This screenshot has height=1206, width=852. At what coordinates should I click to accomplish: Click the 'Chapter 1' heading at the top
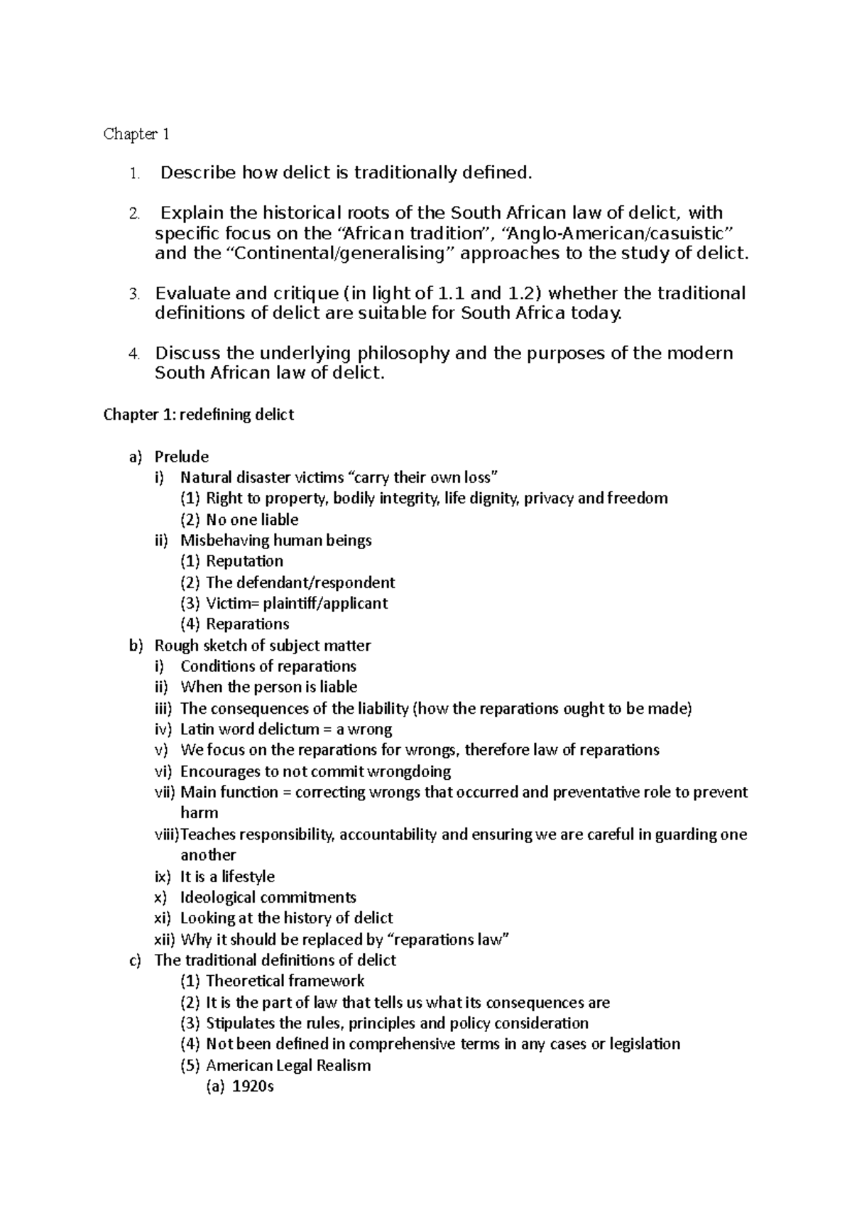tap(136, 134)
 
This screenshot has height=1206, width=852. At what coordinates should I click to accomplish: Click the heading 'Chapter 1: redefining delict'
tap(199, 415)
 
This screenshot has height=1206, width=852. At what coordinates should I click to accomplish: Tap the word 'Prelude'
tap(182, 457)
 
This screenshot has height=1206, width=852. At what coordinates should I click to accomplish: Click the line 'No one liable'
tap(252, 520)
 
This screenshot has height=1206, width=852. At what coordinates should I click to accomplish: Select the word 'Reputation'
tap(244, 561)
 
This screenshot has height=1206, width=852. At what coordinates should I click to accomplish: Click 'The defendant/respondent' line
tap(300, 582)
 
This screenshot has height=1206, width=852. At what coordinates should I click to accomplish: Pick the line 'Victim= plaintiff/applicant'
tap(297, 604)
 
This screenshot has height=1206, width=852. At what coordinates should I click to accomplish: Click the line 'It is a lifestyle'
tap(227, 876)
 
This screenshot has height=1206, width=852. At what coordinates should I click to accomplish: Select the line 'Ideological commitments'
tap(268, 897)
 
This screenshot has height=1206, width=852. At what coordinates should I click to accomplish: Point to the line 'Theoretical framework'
tap(285, 982)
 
